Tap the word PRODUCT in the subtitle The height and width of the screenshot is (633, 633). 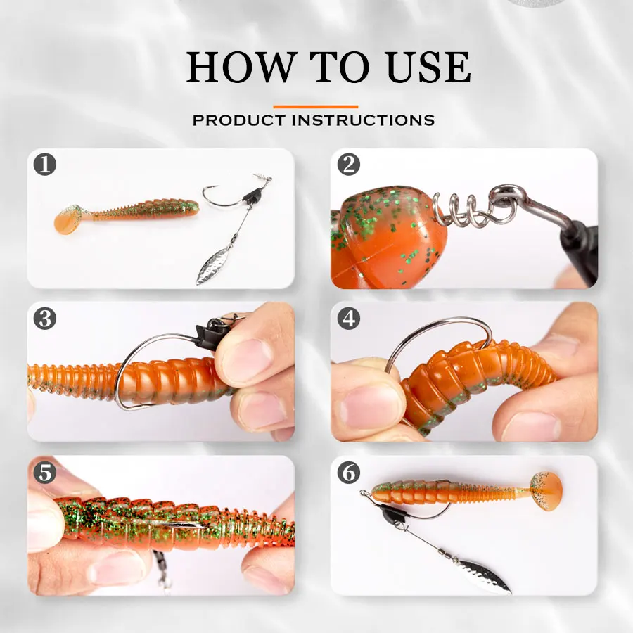241,120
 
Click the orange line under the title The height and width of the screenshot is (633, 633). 315,106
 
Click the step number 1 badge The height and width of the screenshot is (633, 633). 45,165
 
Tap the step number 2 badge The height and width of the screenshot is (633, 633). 348,165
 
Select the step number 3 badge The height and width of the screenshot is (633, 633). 45,319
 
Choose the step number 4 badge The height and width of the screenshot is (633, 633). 348,319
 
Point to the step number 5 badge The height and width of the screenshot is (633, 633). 45,473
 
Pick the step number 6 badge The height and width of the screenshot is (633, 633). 348,473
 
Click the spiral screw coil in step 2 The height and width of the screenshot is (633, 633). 461,209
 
